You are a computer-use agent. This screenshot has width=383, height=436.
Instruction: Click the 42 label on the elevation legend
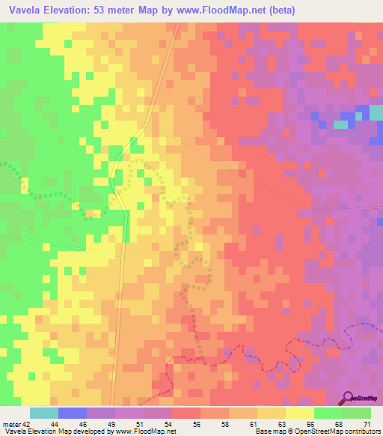click(25, 423)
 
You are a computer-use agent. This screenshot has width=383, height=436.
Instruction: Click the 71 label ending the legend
click(367, 423)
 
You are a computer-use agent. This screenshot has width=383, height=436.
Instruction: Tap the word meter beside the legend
click(11, 423)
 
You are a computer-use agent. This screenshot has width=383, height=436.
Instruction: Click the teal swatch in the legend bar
click(44, 413)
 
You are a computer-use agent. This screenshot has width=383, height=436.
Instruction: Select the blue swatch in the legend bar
click(73, 413)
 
